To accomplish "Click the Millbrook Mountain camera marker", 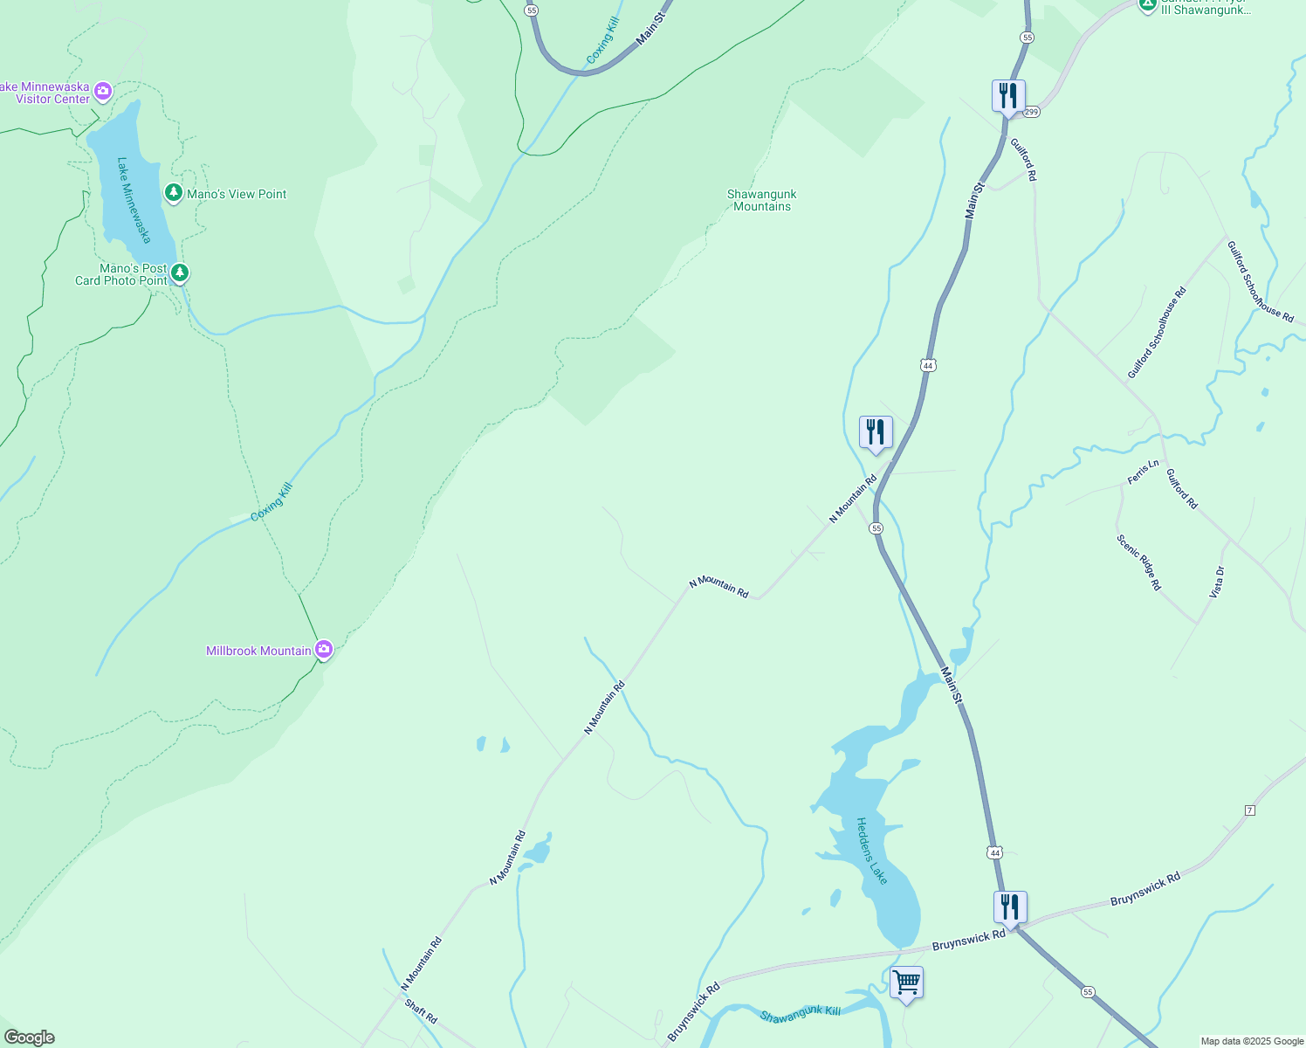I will (324, 649).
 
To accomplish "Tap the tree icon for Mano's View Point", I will (174, 193).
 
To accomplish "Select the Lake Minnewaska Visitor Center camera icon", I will (103, 91).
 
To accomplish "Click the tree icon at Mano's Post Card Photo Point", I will (180, 273).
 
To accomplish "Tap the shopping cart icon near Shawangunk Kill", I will (906, 982).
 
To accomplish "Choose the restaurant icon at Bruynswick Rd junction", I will (1010, 908).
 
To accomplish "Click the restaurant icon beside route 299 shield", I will (1008, 96).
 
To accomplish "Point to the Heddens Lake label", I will (871, 851).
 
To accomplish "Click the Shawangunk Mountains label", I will (762, 200).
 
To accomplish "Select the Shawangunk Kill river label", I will (800, 1014).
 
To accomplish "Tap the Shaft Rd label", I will (421, 1011).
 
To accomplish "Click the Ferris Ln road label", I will (1143, 472).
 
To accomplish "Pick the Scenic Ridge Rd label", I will (1139, 562).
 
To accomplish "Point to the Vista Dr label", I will (1217, 582).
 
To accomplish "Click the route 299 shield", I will (1032, 112).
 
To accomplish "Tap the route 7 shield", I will (1249, 810).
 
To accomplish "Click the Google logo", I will (30, 1038).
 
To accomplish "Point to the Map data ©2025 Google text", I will (1252, 1041).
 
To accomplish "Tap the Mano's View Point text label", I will (237, 194).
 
